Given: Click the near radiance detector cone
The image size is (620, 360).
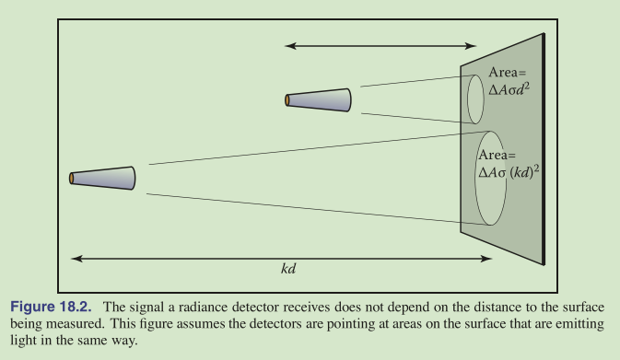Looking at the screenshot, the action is [319, 100].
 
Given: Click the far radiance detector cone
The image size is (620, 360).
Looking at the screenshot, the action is [102, 178].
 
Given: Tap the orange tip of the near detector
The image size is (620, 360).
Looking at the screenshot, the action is [287, 100].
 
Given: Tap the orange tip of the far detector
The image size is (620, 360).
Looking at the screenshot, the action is [71, 179].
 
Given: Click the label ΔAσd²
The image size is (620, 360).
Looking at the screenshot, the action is [509, 89].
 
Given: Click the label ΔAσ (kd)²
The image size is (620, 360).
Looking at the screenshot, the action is [509, 172].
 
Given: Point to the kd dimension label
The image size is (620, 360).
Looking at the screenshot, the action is [288, 269].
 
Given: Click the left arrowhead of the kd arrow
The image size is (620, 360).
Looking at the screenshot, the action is [76, 259].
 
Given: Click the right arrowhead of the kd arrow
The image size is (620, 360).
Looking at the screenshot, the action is [486, 259].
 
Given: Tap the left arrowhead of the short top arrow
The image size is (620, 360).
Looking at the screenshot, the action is [290, 46].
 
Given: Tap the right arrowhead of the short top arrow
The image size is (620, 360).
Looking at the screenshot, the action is [471, 46].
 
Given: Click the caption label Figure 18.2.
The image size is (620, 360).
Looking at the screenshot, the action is [51, 307].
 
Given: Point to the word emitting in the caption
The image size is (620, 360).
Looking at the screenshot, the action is [579, 324].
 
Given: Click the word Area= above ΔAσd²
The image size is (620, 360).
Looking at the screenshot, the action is [508, 73].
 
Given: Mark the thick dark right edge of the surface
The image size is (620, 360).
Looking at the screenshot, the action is [544, 149].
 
